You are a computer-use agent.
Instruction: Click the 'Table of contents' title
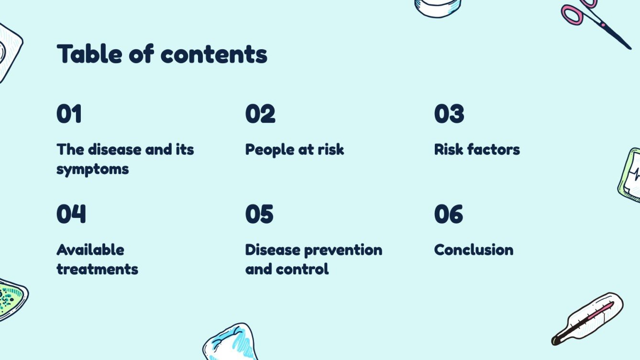click(162, 54)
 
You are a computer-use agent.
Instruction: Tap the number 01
click(69, 114)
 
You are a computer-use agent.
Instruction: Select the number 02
click(260, 114)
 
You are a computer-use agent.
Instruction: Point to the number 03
click(449, 114)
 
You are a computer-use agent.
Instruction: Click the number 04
click(71, 214)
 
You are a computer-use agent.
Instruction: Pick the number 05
click(260, 214)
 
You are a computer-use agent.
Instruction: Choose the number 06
click(449, 214)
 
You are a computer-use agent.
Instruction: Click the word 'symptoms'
click(93, 169)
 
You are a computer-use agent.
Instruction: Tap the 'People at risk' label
click(295, 149)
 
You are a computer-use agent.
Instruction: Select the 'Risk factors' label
click(477, 149)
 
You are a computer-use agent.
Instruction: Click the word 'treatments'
click(98, 269)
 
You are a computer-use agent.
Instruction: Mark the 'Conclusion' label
click(474, 250)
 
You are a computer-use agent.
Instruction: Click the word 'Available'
click(90, 250)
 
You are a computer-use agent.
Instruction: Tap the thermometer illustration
click(587, 318)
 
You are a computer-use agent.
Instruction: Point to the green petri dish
click(11, 299)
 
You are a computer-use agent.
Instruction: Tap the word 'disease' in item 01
click(113, 149)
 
